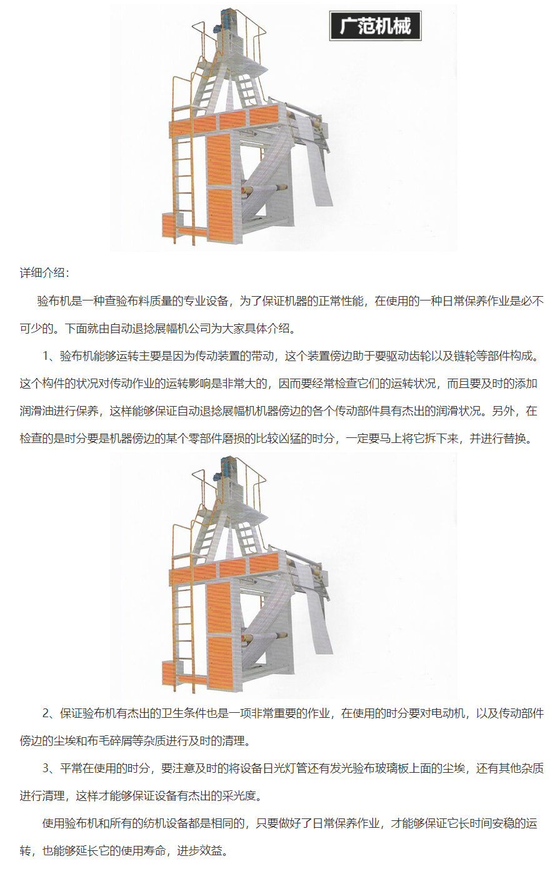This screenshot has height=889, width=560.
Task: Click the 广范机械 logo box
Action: point(375,26)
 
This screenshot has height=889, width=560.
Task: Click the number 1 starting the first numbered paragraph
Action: point(46,356)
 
